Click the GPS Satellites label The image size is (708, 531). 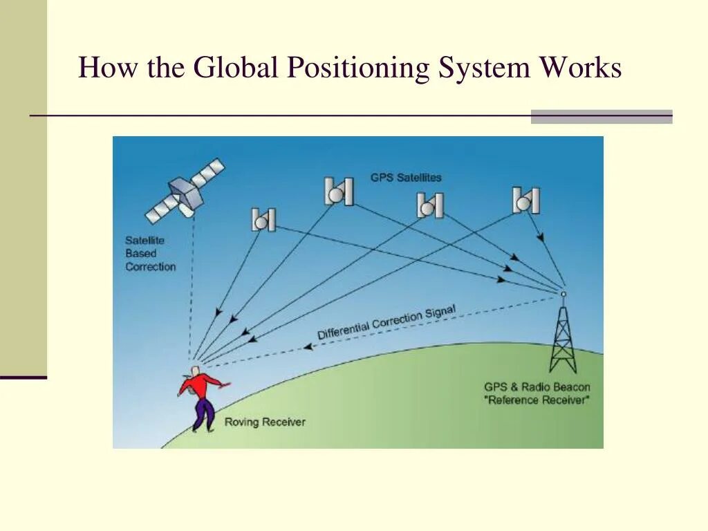tap(405, 178)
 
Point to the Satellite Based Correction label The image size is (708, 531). tap(150, 254)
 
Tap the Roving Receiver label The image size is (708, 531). tap(265, 422)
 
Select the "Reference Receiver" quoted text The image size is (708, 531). tap(538, 400)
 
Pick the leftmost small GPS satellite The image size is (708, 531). tap(263, 220)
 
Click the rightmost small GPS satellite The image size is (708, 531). tap(525, 201)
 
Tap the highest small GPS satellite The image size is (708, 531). tap(339, 192)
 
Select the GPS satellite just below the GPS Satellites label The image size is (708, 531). tap(429, 205)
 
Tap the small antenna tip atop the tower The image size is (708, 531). tap(562, 294)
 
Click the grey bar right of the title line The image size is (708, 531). tap(602, 117)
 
